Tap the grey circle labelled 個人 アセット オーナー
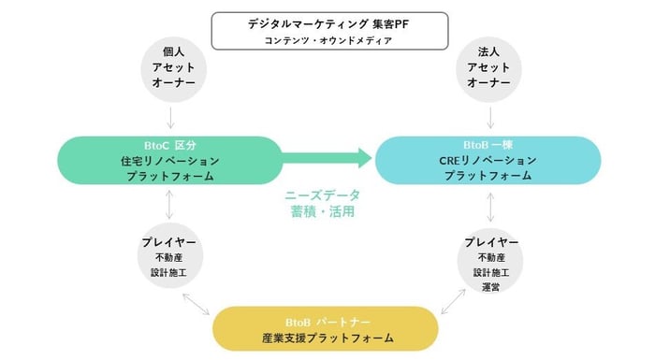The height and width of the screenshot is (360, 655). [x=170, y=68]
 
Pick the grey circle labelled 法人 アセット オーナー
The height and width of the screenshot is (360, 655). [x=491, y=68]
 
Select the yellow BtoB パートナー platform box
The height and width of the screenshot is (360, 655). [x=327, y=328]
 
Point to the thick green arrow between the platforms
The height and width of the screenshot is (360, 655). [x=327, y=158]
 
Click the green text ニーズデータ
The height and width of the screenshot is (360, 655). [x=323, y=194]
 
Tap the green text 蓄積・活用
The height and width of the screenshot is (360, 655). [x=323, y=212]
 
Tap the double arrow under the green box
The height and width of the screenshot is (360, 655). [x=169, y=203]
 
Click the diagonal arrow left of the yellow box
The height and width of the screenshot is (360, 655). [x=197, y=304]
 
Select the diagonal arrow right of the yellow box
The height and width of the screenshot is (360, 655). [x=455, y=302]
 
